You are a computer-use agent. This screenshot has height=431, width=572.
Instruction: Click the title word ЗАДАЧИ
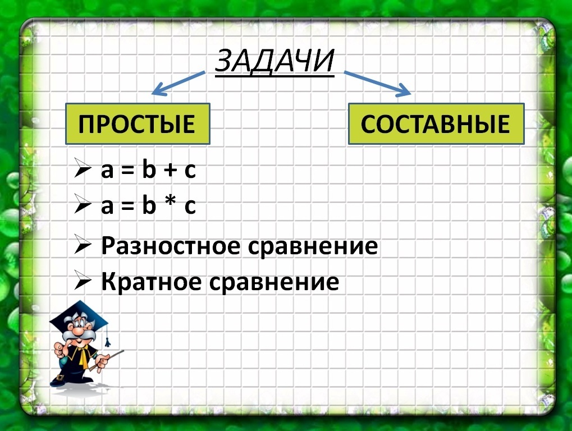tap(274, 61)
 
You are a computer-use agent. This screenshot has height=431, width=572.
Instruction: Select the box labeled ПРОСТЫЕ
tap(138, 123)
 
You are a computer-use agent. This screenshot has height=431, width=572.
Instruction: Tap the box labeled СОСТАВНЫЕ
tap(436, 124)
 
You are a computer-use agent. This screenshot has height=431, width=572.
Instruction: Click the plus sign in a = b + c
tap(166, 171)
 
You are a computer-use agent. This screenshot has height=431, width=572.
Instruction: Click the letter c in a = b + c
tap(190, 171)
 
